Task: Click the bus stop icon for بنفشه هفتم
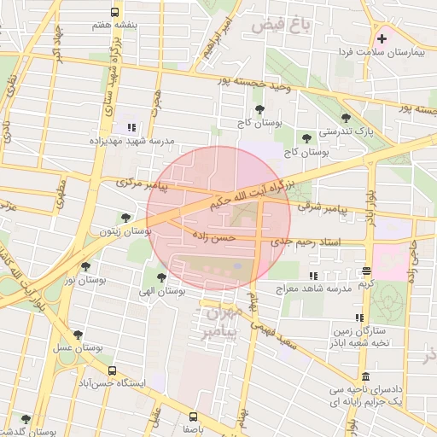[115, 13]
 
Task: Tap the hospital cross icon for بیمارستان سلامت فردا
[381, 39]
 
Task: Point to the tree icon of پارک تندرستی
[346, 119]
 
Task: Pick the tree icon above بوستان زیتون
[126, 218]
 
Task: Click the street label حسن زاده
[213, 236]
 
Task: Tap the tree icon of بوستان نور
[84, 266]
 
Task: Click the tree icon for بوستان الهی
[161, 277]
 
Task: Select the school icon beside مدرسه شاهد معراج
[313, 277]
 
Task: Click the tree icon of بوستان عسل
[79, 335]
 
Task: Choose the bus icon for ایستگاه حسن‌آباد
[112, 370]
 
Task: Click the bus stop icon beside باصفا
[193, 417]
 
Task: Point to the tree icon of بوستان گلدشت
[26, 420]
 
